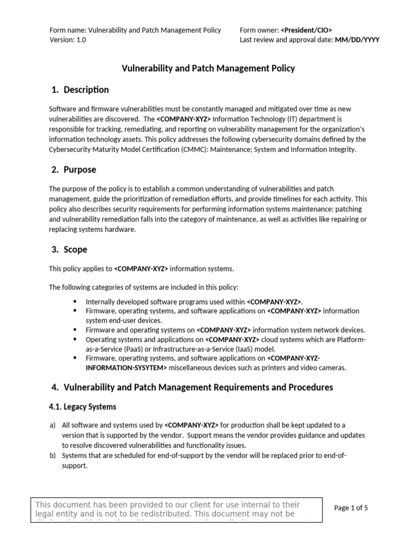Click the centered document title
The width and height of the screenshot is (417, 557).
(208, 68)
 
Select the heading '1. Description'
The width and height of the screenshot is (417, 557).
(80, 90)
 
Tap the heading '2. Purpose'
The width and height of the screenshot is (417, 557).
(73, 170)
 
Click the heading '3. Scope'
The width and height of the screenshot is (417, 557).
(69, 250)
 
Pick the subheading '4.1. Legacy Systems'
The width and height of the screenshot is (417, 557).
(83, 406)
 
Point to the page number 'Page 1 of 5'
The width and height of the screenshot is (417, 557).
(351, 508)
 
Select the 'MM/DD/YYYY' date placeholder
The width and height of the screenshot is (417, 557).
(357, 40)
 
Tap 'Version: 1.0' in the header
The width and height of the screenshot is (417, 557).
(68, 40)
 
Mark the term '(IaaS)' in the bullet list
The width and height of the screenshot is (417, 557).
(246, 349)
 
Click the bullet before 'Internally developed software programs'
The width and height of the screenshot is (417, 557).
(74, 301)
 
